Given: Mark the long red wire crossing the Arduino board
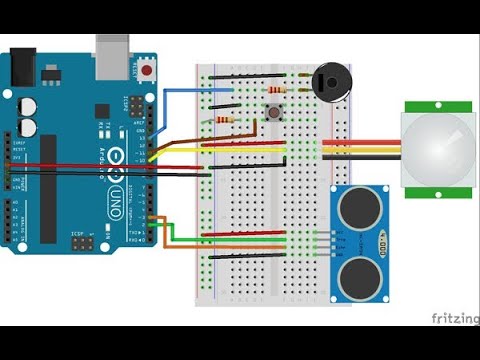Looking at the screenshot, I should (x=80, y=165).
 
